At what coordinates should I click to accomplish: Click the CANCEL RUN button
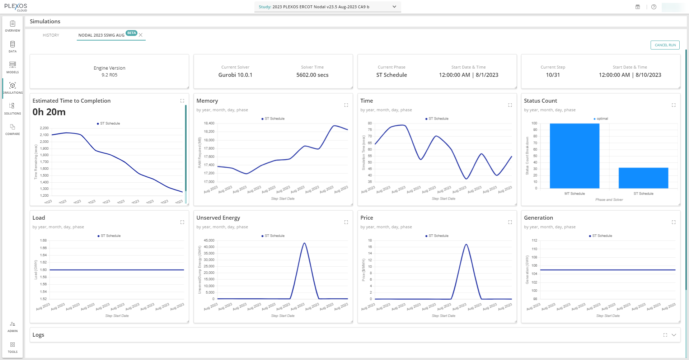tap(665, 45)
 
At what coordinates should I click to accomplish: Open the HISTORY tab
tap(51, 35)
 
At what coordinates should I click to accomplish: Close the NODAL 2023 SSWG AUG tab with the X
tap(141, 35)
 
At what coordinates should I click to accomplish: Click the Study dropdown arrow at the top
tap(394, 7)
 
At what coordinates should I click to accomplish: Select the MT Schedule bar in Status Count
tap(574, 156)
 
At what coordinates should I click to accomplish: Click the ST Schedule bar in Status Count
tap(643, 178)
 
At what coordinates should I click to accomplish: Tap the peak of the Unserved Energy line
tap(304, 243)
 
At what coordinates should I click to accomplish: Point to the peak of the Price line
tap(466, 244)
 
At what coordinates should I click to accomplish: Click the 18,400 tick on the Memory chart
tap(209, 123)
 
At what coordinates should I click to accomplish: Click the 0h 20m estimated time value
tap(49, 112)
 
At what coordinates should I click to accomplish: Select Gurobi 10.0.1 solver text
tap(235, 75)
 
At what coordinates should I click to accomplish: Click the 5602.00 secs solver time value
tap(312, 75)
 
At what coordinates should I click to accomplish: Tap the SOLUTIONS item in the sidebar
tap(13, 108)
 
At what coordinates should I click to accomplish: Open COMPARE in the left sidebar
tap(13, 129)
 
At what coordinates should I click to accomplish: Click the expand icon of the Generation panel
tap(674, 222)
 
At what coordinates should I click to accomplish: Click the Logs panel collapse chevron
tap(674, 335)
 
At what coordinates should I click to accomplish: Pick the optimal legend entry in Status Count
tap(602, 118)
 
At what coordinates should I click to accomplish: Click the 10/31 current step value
tap(553, 75)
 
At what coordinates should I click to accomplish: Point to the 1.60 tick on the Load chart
tap(43, 270)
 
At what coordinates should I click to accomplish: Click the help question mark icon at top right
tap(654, 7)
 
